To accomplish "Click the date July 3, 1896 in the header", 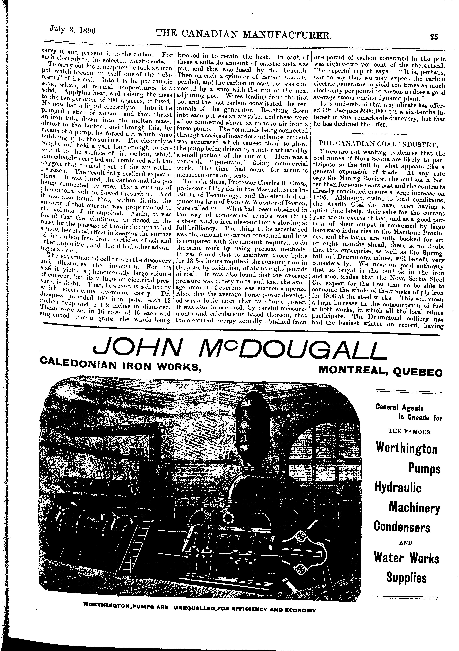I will tap(73, 29).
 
